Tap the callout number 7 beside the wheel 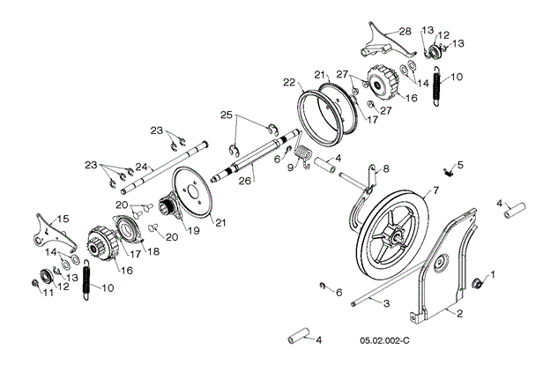coord(435,190)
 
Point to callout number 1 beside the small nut coord(492,275)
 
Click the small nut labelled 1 coord(478,282)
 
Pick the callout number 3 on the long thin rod coord(385,302)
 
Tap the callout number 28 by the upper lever coord(405,31)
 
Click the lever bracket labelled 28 coord(374,43)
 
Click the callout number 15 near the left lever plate coord(62,218)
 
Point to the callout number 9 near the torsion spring coord(292,167)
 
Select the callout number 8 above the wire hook coord(384,168)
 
